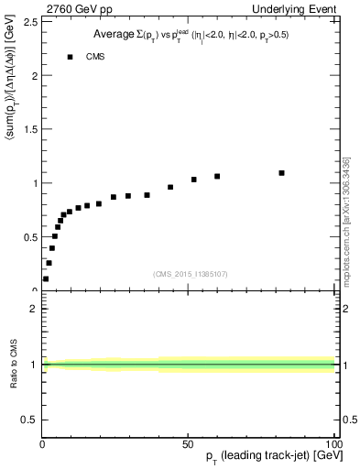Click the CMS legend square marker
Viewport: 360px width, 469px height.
click(70, 57)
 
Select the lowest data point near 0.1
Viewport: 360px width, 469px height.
click(46, 278)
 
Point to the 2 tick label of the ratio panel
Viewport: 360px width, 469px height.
click(34, 309)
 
